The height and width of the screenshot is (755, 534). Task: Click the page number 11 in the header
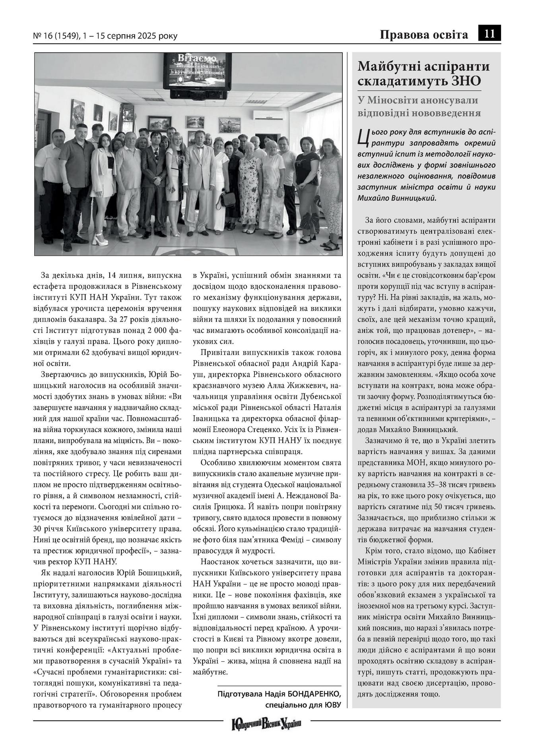(489, 35)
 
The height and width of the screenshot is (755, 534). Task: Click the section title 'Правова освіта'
(424, 35)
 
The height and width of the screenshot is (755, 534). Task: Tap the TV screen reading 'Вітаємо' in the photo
(198, 71)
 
